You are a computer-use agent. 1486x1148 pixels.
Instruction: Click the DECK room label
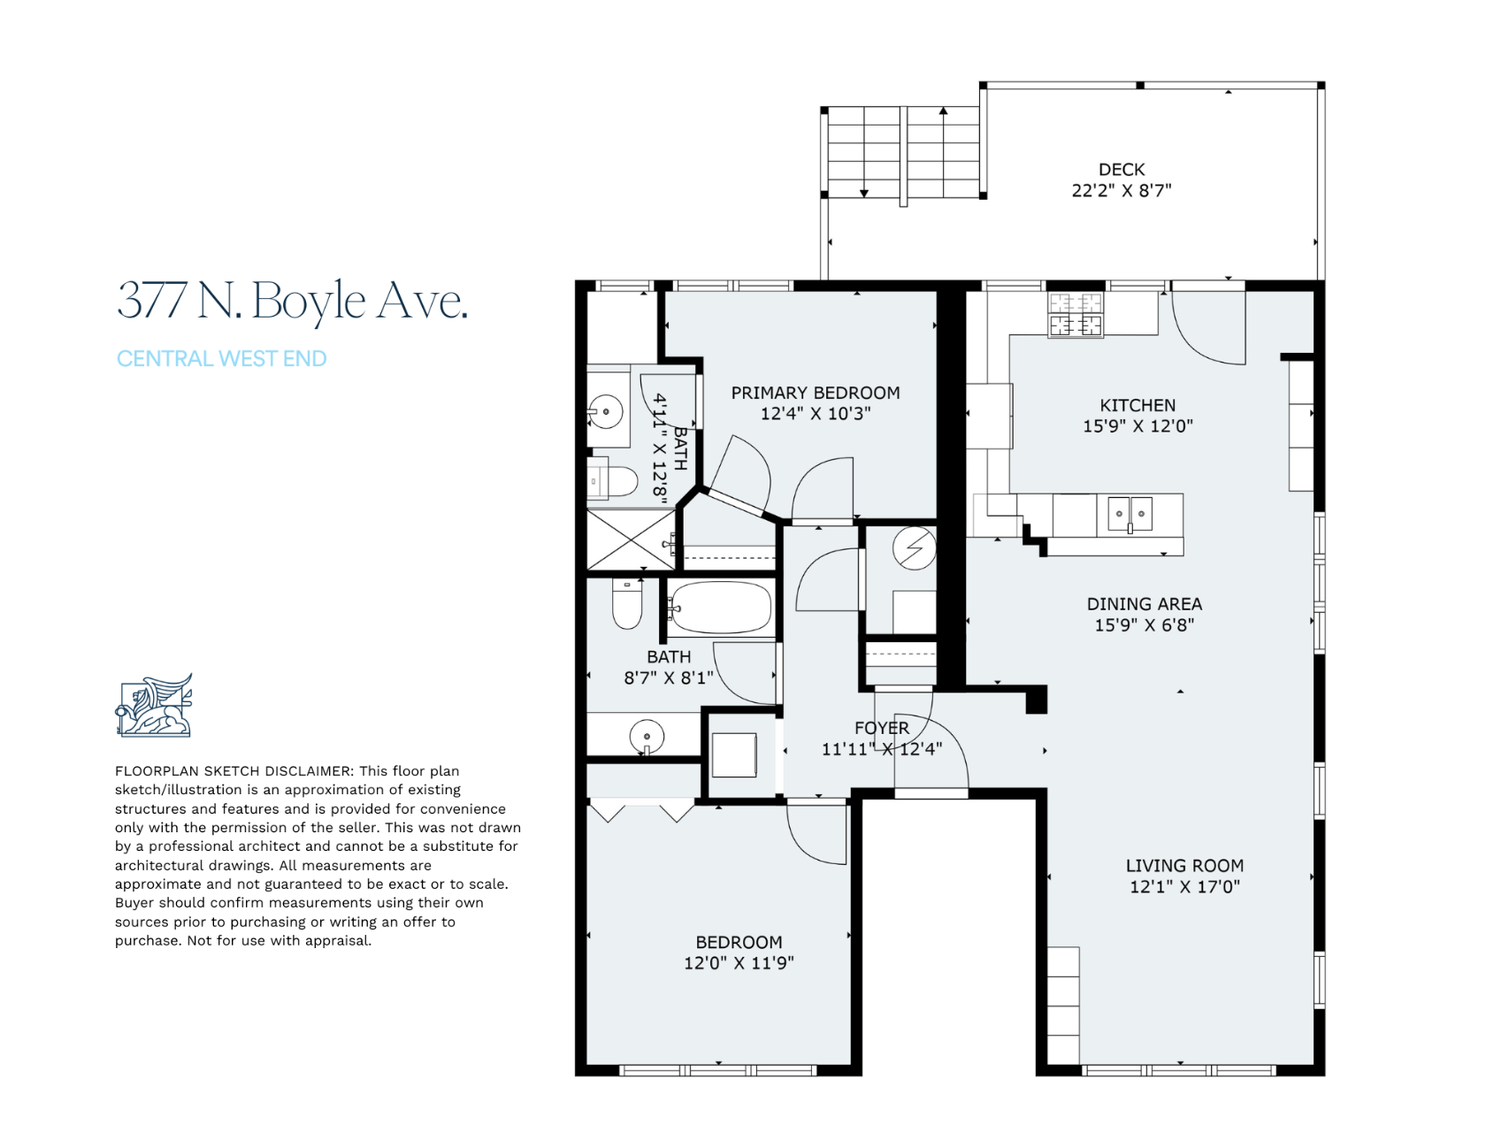[x=1122, y=169]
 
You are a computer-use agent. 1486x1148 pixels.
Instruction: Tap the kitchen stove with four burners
[x=1076, y=315]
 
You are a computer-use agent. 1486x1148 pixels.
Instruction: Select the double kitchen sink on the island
[x=1130, y=514]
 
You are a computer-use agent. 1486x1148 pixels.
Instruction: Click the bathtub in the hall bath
[x=721, y=608]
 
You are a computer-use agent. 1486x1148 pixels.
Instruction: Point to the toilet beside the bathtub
[x=627, y=603]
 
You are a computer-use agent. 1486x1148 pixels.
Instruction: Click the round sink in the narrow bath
[x=606, y=412]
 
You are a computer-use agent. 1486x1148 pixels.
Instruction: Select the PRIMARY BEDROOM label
[x=816, y=393]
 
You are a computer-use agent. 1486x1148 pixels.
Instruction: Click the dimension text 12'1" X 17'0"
[x=1184, y=886]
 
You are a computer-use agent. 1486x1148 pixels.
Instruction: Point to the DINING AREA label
[x=1145, y=604]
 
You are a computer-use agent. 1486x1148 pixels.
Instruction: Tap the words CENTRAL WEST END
[x=222, y=358]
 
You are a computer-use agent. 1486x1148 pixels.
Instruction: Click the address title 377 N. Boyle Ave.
[x=292, y=300]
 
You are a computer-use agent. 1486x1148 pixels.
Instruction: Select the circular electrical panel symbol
[x=915, y=548]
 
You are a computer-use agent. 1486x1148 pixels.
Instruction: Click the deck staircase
[x=903, y=152]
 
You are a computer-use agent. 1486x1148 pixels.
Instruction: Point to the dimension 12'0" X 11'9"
[x=739, y=963]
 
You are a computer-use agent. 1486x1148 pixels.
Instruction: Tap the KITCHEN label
[x=1137, y=405]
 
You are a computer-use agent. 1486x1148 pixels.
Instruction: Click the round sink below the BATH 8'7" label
[x=647, y=736]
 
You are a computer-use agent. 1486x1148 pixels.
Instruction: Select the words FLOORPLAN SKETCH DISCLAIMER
[x=234, y=771]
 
